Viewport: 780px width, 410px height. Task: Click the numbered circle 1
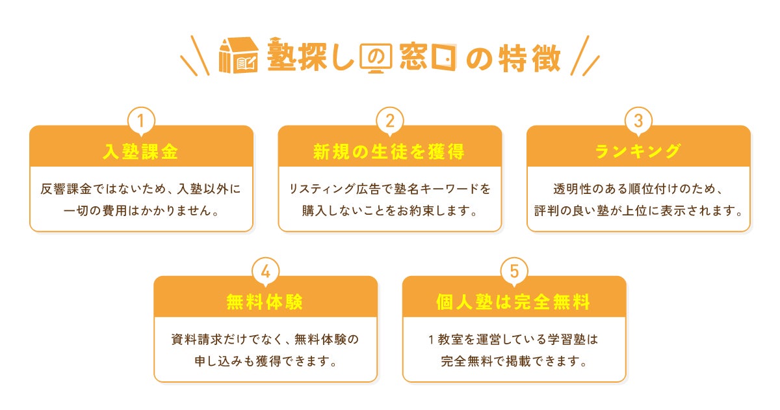[141, 120]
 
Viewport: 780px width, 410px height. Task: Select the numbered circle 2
[390, 120]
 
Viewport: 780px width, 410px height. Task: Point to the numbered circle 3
[638, 120]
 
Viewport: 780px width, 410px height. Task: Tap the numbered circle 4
[265, 271]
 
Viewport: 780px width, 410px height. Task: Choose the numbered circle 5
[514, 271]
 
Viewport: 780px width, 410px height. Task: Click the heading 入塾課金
[141, 152]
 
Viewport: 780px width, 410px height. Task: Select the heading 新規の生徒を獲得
[390, 152]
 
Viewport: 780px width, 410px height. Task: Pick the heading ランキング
[638, 152]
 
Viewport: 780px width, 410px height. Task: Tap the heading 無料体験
[265, 303]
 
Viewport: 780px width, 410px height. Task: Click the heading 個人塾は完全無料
[514, 303]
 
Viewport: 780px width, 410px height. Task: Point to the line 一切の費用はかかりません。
[141, 211]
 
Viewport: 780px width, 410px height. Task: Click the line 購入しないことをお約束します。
[390, 211]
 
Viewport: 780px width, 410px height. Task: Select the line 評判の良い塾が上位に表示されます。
[638, 211]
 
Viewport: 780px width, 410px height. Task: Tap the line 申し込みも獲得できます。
[265, 361]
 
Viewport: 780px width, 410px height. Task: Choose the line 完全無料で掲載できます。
[514, 361]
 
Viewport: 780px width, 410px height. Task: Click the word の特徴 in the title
[513, 57]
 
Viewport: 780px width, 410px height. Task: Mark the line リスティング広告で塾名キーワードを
[390, 189]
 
